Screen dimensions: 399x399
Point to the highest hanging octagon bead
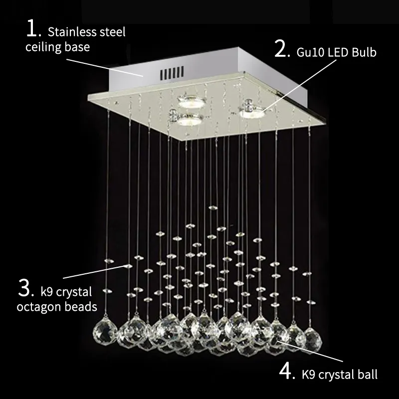click(x=213, y=206)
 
